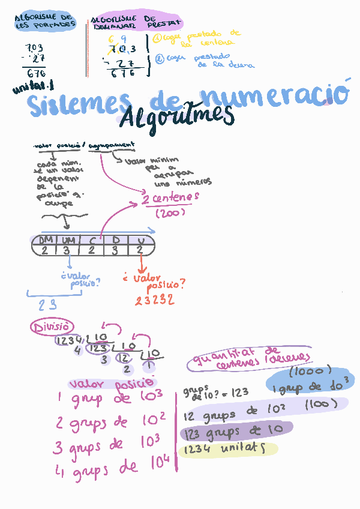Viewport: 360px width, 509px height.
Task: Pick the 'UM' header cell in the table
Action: [x=68, y=241]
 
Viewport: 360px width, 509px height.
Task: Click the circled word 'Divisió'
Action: [x=52, y=327]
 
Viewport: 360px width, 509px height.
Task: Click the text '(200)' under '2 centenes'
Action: [x=170, y=213]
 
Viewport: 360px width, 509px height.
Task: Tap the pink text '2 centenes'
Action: [x=170, y=198]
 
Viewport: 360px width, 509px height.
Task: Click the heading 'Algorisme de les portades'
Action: [x=46, y=22]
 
